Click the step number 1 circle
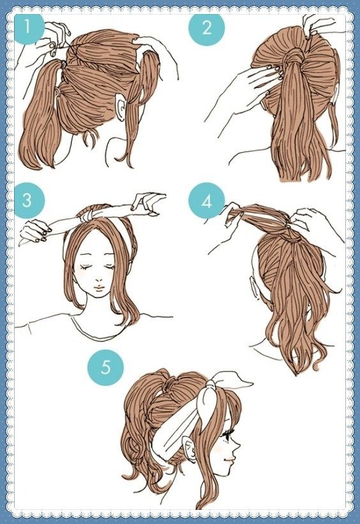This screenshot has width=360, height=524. [x=28, y=27]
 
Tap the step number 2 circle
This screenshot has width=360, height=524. [x=207, y=27]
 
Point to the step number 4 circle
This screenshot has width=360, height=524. [x=207, y=201]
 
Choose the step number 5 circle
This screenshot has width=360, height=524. [x=105, y=368]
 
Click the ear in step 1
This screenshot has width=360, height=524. [x=120, y=107]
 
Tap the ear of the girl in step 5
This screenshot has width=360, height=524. [x=189, y=451]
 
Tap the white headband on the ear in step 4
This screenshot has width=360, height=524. [x=254, y=286]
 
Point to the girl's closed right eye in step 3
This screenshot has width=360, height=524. [x=87, y=267]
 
